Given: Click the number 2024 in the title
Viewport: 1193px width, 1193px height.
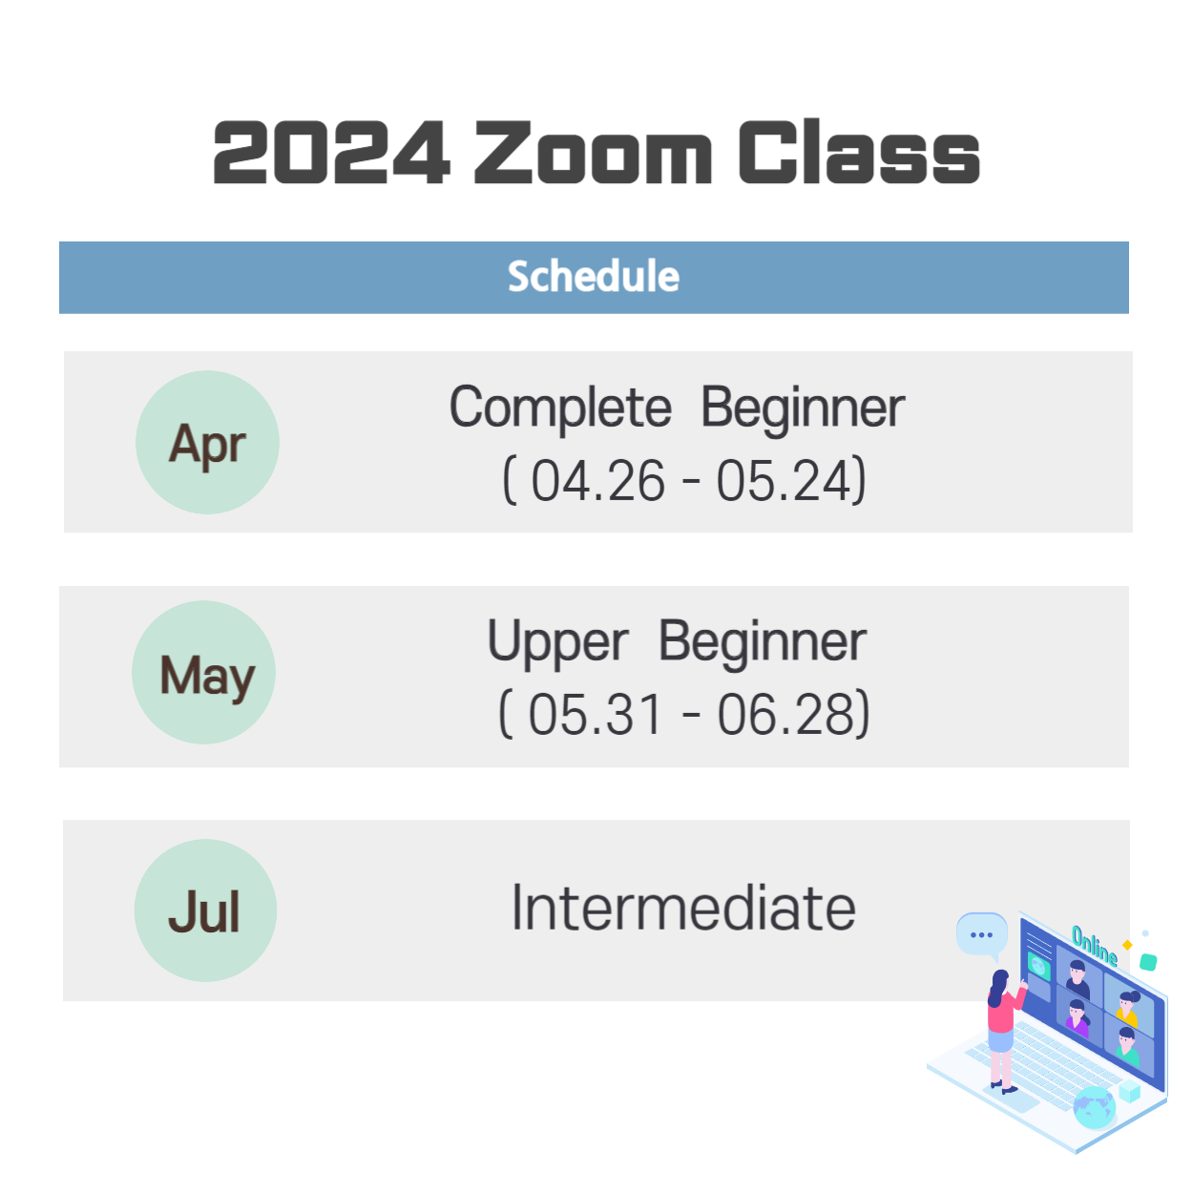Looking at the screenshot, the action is pos(330,152).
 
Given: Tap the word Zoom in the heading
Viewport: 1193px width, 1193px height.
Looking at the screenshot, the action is pos(593,152).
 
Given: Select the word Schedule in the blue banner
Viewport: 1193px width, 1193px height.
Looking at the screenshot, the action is pos(593,276).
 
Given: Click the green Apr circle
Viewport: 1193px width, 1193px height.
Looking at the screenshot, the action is pos(207,442).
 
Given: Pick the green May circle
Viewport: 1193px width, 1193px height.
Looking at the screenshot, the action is pos(203,672).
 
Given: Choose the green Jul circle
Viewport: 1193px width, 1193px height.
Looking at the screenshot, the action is pos(205,910).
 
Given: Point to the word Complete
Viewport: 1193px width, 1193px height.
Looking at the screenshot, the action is pos(560,408).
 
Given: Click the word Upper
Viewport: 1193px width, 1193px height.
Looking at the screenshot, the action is pos(557,642).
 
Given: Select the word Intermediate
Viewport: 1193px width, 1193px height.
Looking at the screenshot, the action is pos(683,908).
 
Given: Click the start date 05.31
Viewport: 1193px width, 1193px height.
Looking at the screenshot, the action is pos(595,715).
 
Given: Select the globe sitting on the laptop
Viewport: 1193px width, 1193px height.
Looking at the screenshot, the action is pos(1094,1107).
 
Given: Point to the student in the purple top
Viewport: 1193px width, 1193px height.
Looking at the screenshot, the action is pos(1078,1017).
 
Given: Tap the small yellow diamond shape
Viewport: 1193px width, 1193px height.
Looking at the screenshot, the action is pos(1127,945).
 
